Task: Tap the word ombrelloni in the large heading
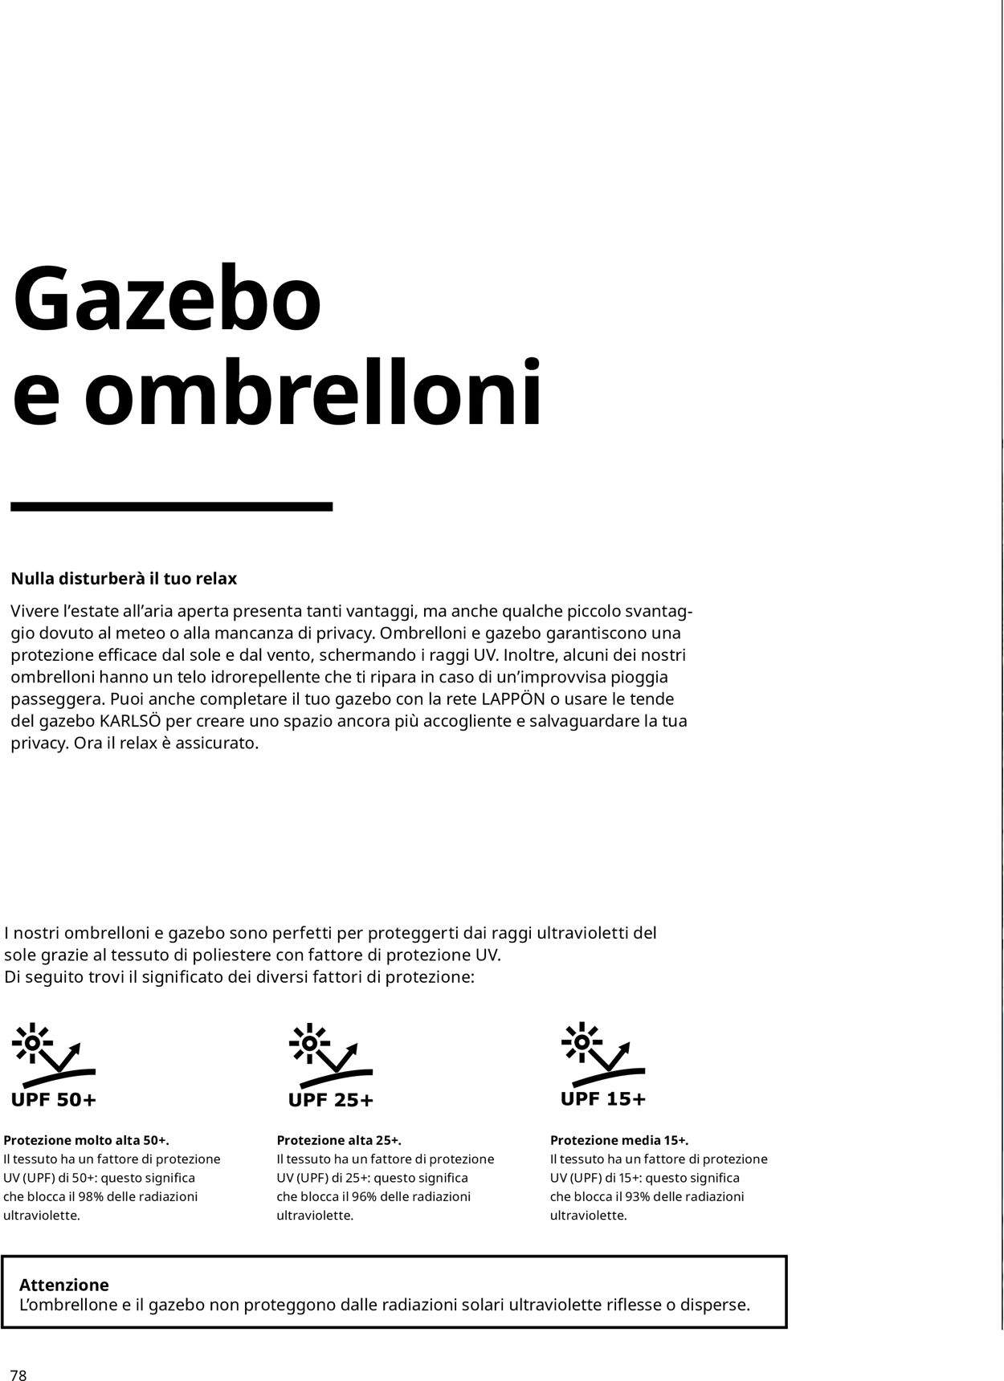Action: tap(313, 393)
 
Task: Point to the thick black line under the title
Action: tap(171, 507)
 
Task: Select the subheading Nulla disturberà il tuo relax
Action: tap(124, 579)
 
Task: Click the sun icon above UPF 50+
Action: tap(33, 1042)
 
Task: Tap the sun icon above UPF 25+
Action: tap(308, 1042)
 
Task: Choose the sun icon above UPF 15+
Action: tap(582, 1041)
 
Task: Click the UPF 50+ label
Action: tap(54, 1100)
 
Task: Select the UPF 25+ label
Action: tap(331, 1100)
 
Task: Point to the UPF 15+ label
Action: tap(603, 1098)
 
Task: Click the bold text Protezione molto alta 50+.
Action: tap(87, 1140)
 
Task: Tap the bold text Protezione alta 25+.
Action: tap(339, 1140)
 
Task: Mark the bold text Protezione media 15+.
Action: tap(619, 1140)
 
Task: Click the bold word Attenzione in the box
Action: tap(64, 1285)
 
